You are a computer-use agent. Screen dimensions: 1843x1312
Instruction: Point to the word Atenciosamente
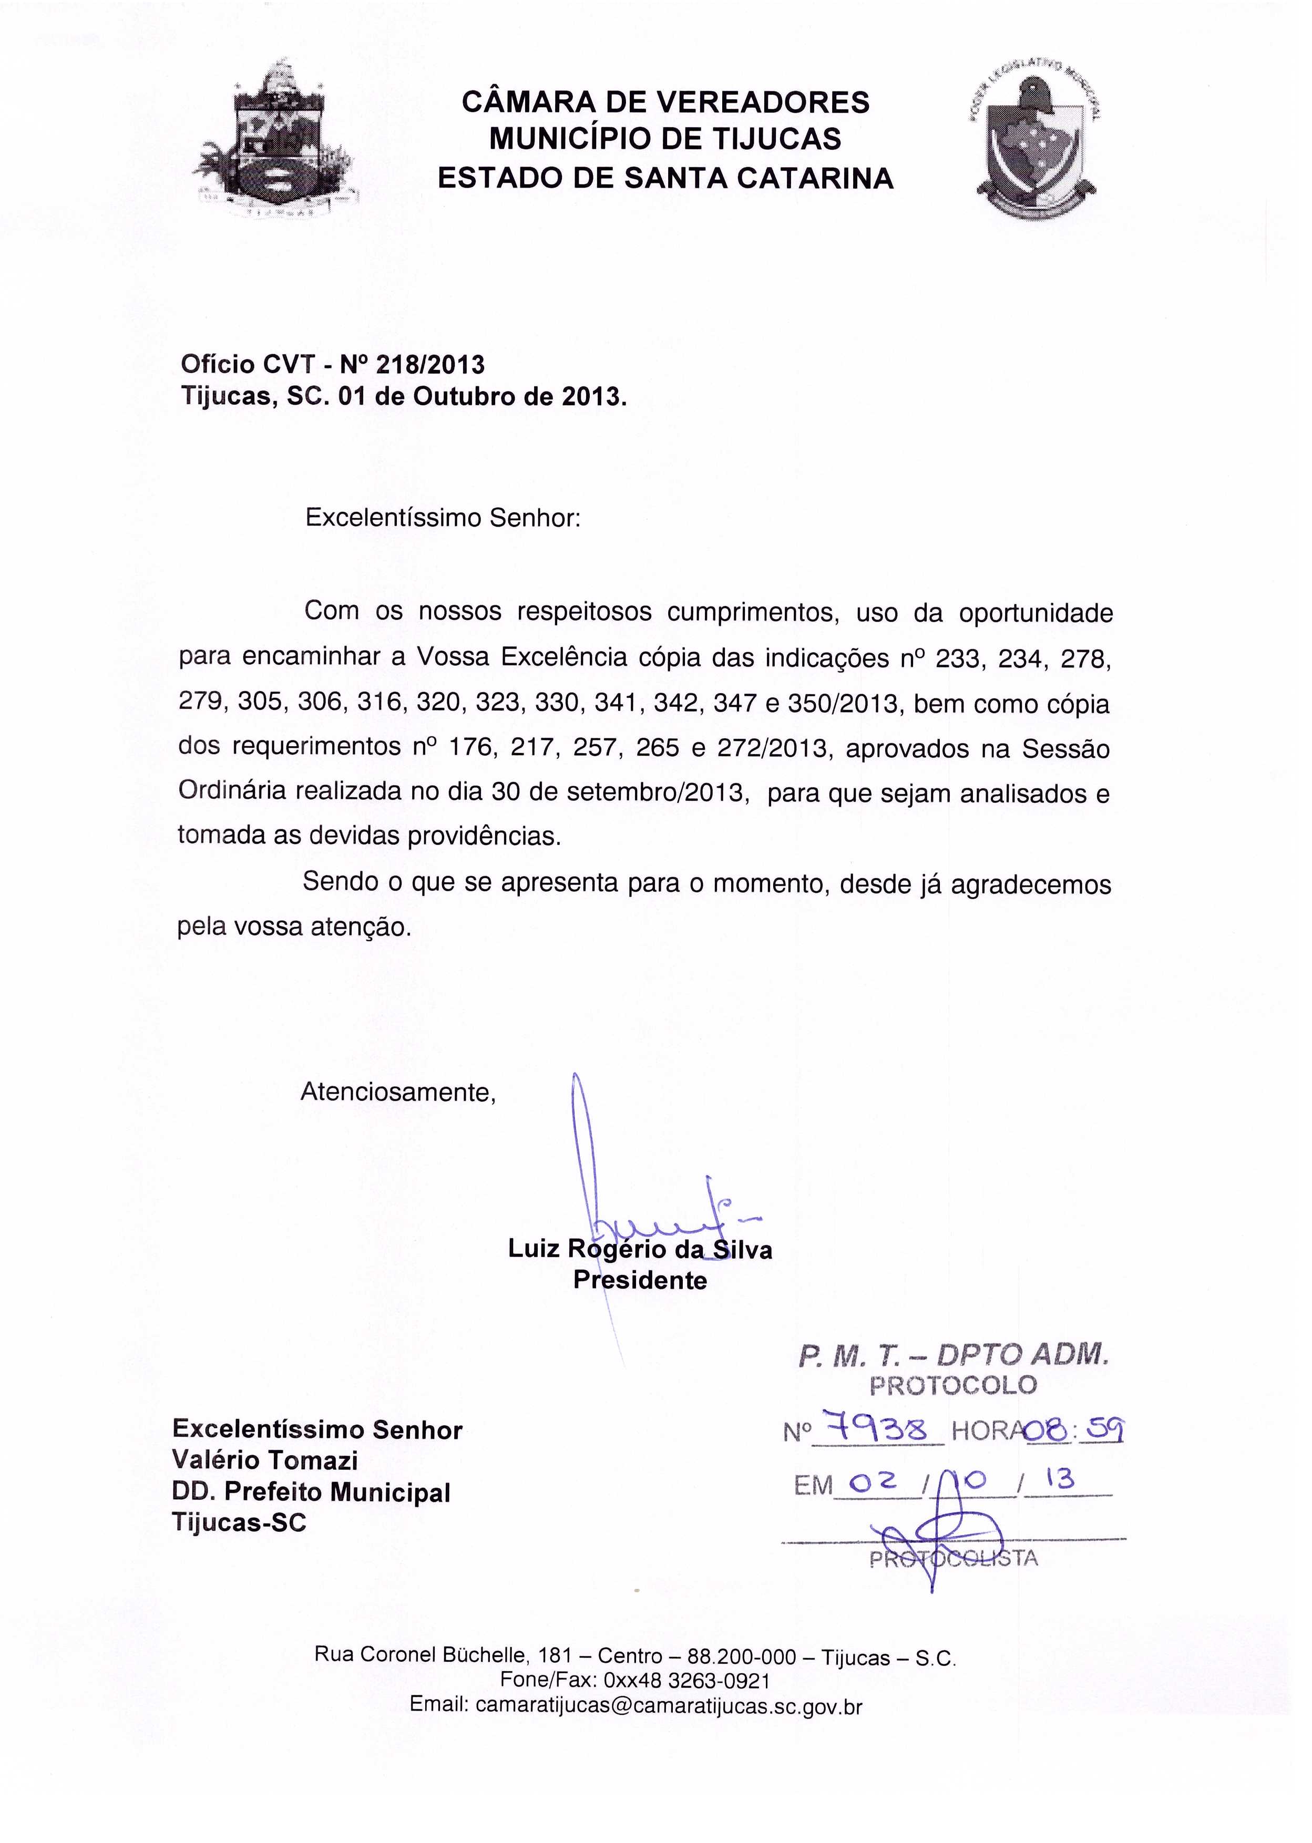(397, 1093)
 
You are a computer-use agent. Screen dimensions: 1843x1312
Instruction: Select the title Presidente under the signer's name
(640, 1281)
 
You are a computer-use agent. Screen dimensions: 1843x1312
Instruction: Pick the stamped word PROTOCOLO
(952, 1386)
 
